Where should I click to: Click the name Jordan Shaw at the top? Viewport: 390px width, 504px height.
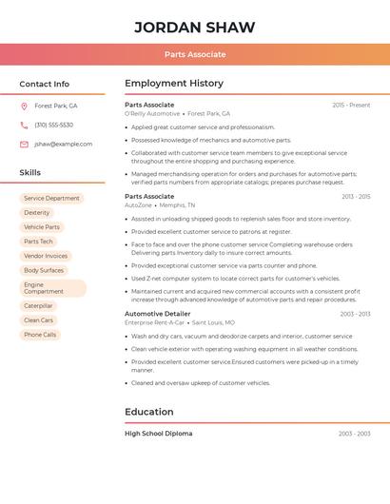point(195,27)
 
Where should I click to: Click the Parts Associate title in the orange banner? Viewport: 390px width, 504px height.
point(195,54)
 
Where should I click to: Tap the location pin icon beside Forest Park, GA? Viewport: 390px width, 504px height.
point(24,106)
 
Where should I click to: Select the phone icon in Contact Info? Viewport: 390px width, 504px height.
point(24,125)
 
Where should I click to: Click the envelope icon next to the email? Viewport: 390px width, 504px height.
point(24,144)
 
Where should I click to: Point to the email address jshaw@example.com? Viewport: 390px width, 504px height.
point(63,144)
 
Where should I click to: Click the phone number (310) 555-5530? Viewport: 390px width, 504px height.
point(53,125)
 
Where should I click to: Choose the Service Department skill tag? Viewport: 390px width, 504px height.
point(51,199)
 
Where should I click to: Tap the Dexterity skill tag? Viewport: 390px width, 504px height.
point(37,213)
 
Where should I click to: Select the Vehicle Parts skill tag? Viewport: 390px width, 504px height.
point(42,227)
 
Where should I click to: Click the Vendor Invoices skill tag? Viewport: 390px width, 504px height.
point(46,256)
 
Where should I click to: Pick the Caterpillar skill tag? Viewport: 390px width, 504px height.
point(38,306)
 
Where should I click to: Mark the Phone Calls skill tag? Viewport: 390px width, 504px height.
point(40,335)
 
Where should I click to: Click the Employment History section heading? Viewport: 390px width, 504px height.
point(174,84)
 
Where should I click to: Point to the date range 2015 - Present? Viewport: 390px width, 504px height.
point(351,105)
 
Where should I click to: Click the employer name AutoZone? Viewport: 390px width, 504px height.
point(138,205)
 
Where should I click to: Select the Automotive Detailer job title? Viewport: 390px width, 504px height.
point(157,314)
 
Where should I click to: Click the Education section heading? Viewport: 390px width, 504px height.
point(149,412)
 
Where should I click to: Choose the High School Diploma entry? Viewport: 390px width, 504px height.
point(158,434)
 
